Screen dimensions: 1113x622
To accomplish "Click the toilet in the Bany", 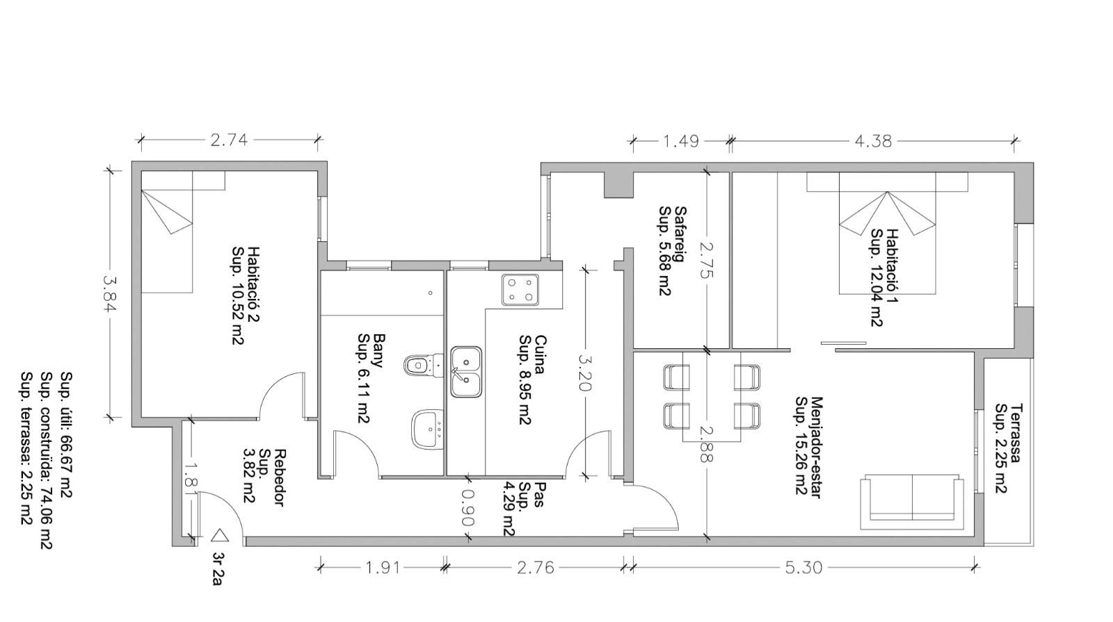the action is pyautogui.click(x=424, y=366).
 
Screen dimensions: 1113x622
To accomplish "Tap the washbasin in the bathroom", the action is pyautogui.click(x=427, y=429).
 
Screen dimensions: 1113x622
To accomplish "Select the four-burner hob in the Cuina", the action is pyautogui.click(x=520, y=290).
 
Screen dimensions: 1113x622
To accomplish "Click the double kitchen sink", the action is pyautogui.click(x=466, y=372).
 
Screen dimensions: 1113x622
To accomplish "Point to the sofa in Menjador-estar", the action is pyautogui.click(x=912, y=502).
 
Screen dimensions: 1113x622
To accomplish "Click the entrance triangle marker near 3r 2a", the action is pyautogui.click(x=218, y=536).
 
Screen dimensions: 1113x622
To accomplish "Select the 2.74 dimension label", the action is pyautogui.click(x=229, y=140).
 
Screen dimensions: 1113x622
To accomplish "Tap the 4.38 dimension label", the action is pyautogui.click(x=873, y=142).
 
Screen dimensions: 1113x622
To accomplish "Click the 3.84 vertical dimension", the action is pyautogui.click(x=109, y=294).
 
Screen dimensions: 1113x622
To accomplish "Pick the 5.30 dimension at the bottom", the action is pyautogui.click(x=804, y=567).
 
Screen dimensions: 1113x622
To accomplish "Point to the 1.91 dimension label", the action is pyautogui.click(x=383, y=567).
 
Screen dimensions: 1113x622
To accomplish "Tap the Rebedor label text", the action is pyautogui.click(x=280, y=477).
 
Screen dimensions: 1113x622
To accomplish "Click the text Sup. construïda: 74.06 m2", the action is pyautogui.click(x=47, y=460).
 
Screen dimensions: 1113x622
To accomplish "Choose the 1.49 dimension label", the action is pyautogui.click(x=681, y=142).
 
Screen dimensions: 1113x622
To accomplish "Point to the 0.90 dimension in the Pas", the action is pyautogui.click(x=467, y=508).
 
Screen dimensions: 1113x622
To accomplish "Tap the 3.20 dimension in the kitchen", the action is pyautogui.click(x=585, y=373).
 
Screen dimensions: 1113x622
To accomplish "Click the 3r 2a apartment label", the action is pyautogui.click(x=216, y=569).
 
